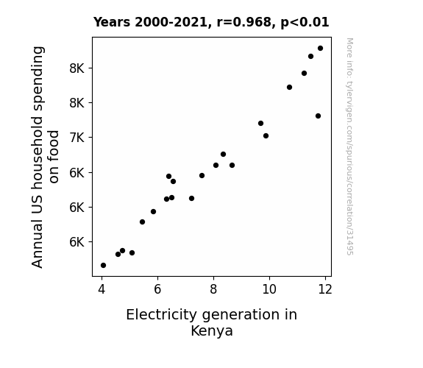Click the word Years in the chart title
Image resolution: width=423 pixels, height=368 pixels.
[x=112, y=22]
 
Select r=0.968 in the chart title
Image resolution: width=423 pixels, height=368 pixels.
[x=244, y=22]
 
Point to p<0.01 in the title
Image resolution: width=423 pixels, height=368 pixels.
[x=305, y=23]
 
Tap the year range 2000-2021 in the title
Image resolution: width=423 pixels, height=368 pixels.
[x=171, y=22]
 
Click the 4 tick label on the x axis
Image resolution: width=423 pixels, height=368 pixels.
[x=102, y=289]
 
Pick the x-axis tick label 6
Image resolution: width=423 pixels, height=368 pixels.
[x=157, y=289]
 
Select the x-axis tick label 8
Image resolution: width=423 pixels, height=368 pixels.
[x=213, y=289]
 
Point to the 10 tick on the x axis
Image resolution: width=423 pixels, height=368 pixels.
[x=269, y=289]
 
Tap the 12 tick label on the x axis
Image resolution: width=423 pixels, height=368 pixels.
[x=325, y=289]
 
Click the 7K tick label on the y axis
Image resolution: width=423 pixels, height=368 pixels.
[x=77, y=138]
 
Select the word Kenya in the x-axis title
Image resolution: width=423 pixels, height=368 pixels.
[x=212, y=331]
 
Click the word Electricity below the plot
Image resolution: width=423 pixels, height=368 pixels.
[x=162, y=315]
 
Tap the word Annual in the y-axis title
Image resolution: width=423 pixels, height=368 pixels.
[x=38, y=244]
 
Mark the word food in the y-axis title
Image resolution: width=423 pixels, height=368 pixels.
[x=53, y=157]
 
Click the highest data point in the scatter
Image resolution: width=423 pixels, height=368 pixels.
[x=320, y=49]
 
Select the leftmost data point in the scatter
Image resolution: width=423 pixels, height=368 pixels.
[x=103, y=266]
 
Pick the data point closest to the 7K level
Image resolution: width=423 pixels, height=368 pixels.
[x=266, y=136]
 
